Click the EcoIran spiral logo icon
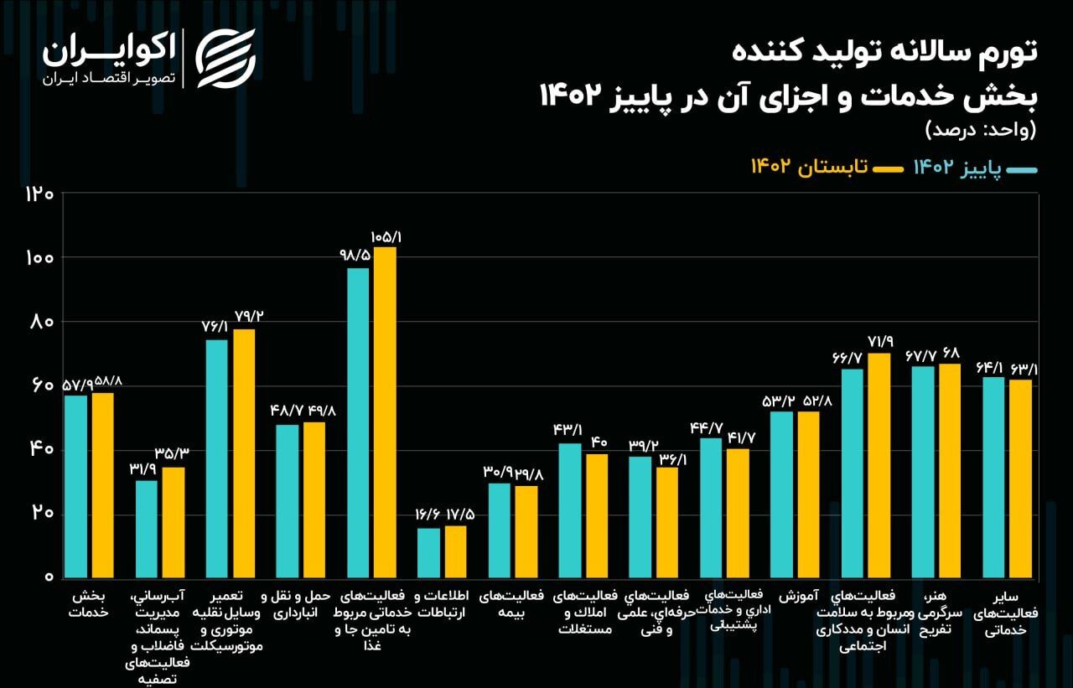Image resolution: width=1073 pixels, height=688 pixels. [x=225, y=59]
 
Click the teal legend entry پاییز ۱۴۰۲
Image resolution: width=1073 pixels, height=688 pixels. [x=976, y=168]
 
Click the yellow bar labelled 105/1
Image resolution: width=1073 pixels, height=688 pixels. [x=385, y=411]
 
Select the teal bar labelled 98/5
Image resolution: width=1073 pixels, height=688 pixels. [x=358, y=422]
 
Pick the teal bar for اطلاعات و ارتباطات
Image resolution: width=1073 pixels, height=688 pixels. [x=428, y=552]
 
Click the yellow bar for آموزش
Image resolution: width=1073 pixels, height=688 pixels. [x=808, y=494]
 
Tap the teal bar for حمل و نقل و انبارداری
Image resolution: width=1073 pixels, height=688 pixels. [x=287, y=501]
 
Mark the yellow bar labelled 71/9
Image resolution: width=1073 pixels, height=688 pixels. [x=879, y=465]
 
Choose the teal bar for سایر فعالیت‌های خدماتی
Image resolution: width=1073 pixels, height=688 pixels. [x=993, y=477]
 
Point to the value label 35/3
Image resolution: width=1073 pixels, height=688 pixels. [x=172, y=453]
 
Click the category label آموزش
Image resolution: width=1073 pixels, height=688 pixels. [x=797, y=597]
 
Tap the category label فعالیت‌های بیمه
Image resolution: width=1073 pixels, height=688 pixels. [x=511, y=604]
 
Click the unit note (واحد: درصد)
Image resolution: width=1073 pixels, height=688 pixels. [x=980, y=130]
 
